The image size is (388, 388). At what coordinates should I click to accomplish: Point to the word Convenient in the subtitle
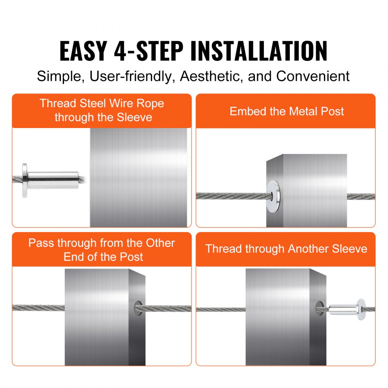click(313, 76)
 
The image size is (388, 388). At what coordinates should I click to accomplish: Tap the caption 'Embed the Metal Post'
click(286, 111)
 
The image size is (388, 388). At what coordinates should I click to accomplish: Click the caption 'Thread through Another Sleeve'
click(286, 249)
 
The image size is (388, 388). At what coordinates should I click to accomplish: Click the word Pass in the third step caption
click(42, 243)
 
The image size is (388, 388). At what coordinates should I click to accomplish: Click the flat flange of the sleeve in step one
click(25, 180)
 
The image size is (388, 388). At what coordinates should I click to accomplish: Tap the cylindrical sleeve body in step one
click(54, 180)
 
